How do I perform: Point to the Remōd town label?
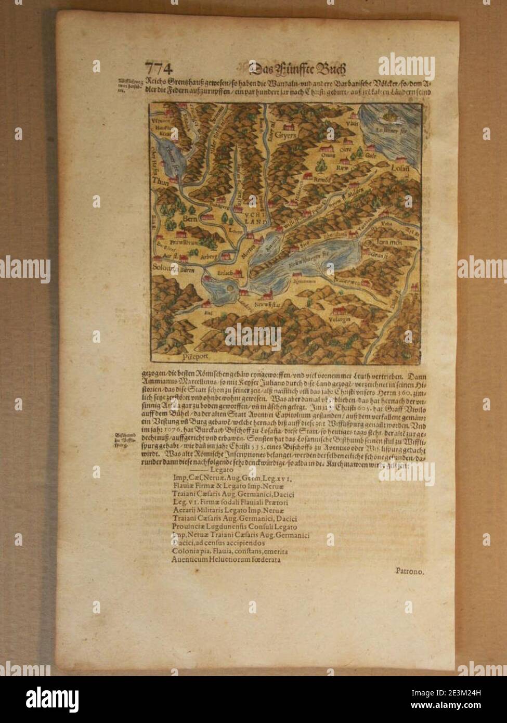pos(323,178)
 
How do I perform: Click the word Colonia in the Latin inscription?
pos(183,551)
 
